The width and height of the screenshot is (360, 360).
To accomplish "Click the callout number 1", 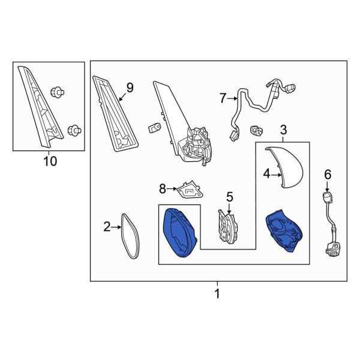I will click(x=217, y=294).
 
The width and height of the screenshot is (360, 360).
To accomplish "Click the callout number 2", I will click(x=107, y=227).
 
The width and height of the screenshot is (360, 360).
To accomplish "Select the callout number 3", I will click(x=283, y=130).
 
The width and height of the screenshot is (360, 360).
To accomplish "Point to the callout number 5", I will click(x=229, y=196).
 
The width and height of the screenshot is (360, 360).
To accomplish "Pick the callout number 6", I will click(x=327, y=174).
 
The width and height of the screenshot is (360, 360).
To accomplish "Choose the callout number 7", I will click(x=223, y=97).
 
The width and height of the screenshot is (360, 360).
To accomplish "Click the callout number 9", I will click(x=130, y=88).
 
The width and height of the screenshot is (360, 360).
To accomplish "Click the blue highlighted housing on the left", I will click(x=179, y=231).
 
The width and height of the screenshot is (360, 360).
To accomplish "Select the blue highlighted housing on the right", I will click(x=284, y=231).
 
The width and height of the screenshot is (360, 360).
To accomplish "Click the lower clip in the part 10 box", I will click(x=74, y=128).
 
